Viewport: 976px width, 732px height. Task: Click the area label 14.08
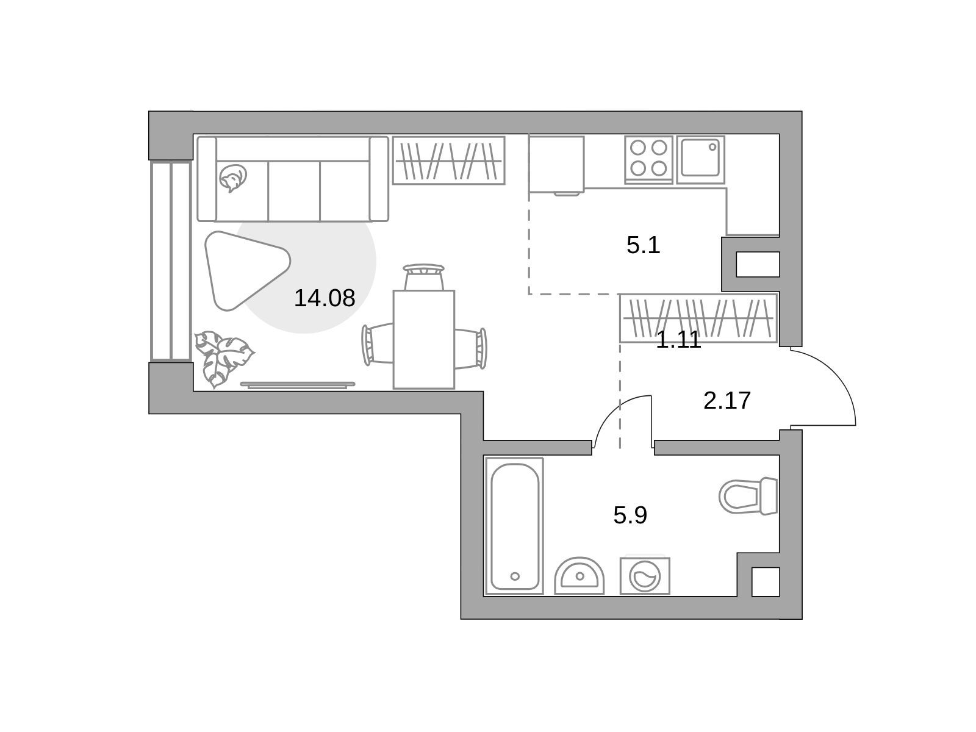324,298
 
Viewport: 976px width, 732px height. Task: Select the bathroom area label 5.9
630,515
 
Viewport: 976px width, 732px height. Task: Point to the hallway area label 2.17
727,400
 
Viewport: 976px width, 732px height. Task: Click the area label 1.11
678,340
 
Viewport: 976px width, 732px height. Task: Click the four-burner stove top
648,159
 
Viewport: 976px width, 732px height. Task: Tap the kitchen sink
700,159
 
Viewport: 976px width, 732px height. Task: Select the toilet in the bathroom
748,496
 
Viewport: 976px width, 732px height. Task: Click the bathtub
514,526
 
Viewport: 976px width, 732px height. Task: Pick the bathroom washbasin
579,576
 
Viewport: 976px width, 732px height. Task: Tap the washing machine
645,576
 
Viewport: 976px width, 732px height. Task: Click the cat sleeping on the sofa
233,178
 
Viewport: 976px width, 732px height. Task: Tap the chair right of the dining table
470,348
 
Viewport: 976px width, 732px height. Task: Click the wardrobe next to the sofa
448,160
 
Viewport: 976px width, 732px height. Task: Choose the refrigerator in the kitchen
556,165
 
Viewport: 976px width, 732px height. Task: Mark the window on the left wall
171,261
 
